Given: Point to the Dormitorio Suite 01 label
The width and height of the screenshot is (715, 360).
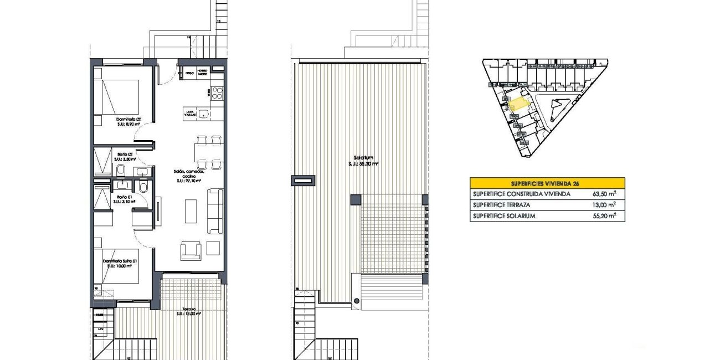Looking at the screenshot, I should (x=120, y=263).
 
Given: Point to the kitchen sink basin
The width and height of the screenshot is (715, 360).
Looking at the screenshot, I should (x=204, y=114).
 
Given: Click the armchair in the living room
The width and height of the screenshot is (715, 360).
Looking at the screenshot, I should (x=191, y=250).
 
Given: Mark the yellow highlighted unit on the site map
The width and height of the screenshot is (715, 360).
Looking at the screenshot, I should (x=519, y=104).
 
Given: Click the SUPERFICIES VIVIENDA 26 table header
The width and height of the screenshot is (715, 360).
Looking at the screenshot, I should (x=547, y=183).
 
